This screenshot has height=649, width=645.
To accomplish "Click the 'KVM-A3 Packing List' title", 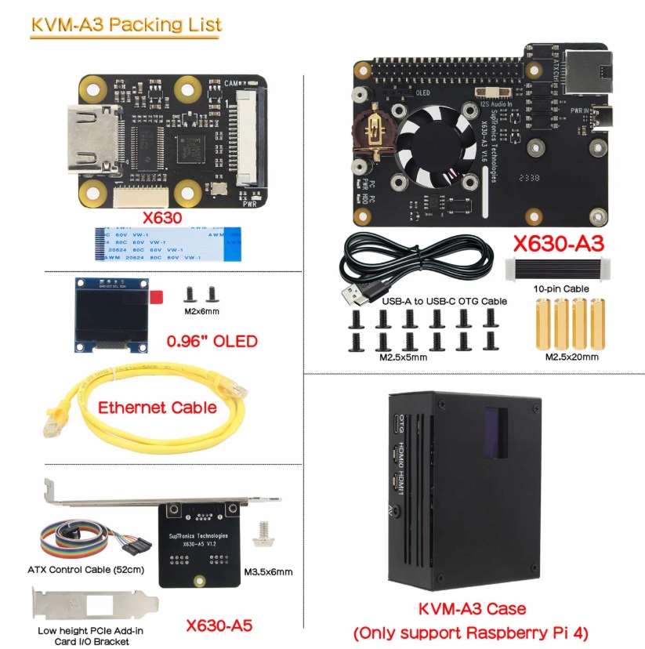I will point(125,24).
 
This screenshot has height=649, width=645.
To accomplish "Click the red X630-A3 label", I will point(557,244).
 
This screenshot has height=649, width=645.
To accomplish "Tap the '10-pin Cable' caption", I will point(560,288).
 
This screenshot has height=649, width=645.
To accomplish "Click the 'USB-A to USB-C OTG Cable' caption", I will point(444,300).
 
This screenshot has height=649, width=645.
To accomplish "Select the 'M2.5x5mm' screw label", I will point(404,357).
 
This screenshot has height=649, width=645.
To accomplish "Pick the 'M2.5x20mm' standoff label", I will point(572,357).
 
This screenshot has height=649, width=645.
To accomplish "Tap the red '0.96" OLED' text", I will point(212,341).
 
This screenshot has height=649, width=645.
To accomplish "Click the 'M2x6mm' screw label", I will point(200,311).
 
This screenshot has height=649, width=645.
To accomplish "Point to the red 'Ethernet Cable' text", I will point(157,407).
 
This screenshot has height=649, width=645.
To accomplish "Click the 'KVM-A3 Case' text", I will point(472,608).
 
